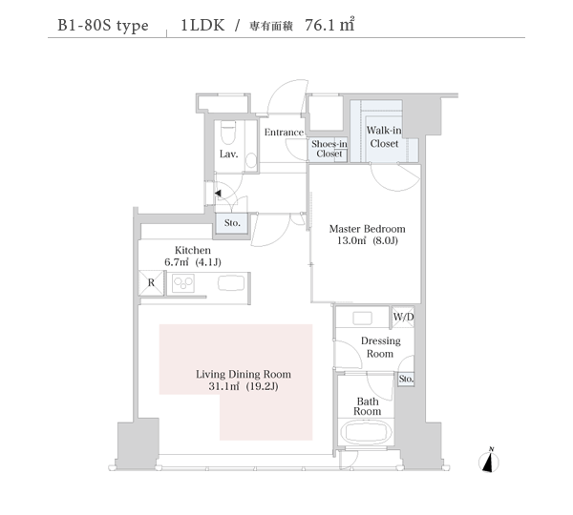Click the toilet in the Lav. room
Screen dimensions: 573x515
point(228,134)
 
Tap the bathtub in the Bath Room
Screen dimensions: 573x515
point(366,432)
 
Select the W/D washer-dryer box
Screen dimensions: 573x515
point(403,317)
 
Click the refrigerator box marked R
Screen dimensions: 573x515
point(151,283)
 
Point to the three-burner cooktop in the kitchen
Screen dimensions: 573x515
point(183,283)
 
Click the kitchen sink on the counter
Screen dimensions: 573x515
point(231,283)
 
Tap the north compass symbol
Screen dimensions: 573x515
point(489,461)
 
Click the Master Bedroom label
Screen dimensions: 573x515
point(368,235)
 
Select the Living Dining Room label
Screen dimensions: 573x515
point(244,380)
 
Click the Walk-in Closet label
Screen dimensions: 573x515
point(384,137)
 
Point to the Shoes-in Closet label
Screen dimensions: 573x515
point(329,149)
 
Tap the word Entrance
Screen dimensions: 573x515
point(284,133)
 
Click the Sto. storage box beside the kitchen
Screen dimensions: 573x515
point(232,223)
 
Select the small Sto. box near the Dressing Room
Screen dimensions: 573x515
point(406,380)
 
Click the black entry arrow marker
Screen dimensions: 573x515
point(218,193)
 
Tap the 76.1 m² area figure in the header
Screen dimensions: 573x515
point(329,25)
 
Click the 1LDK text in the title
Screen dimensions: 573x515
point(202,25)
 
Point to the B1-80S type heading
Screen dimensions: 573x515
point(103,26)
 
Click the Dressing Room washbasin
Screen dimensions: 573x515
point(363,318)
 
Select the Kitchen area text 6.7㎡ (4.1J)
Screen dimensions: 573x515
point(193,262)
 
